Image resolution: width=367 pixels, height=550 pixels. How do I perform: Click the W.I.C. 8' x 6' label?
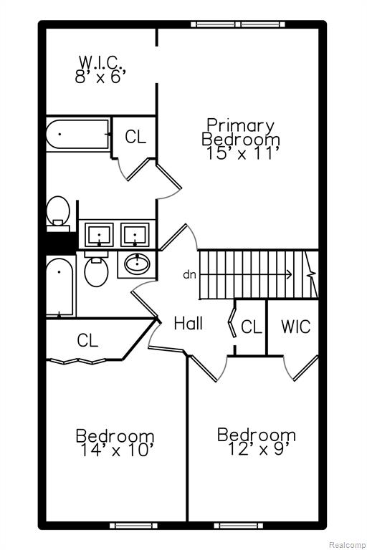[x=100, y=69]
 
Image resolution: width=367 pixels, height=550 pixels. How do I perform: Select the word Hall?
[x=189, y=323]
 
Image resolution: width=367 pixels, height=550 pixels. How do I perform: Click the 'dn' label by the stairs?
[x=190, y=275]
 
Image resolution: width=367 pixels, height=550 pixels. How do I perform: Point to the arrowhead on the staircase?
[x=290, y=274]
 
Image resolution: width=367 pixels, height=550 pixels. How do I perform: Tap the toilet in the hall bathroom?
[x=96, y=269]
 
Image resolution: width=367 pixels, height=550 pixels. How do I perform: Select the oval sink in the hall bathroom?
[x=137, y=264]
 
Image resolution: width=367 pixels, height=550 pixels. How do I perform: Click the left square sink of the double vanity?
[x=99, y=234]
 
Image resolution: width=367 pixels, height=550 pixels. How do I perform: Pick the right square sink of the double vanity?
[x=135, y=234]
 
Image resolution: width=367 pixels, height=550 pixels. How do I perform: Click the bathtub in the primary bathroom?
[x=78, y=135]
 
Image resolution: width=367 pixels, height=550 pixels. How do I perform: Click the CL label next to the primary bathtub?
[x=135, y=137]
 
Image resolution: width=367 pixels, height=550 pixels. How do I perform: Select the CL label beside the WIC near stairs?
[x=252, y=327]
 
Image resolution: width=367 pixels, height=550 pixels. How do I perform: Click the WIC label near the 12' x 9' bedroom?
[x=296, y=327]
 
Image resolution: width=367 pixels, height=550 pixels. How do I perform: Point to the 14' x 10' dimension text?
[x=115, y=450]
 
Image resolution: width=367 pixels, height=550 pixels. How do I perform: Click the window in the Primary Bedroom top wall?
[x=238, y=24]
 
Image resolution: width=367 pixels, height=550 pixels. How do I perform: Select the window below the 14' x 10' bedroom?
[x=133, y=535]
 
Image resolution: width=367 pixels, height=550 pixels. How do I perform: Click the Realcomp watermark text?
[x=347, y=545]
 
